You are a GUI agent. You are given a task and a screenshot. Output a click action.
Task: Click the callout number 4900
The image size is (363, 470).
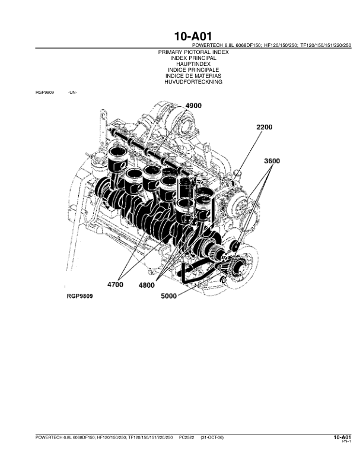click(193, 106)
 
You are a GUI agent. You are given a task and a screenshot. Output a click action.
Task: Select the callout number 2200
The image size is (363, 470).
click(265, 127)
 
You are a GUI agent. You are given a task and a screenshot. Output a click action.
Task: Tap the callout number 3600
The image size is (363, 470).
click(272, 161)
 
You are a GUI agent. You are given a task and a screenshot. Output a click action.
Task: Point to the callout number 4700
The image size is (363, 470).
click(115, 284)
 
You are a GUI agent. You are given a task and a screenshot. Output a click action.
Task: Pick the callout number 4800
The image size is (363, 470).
click(147, 285)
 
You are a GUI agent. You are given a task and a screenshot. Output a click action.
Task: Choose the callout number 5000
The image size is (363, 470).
click(169, 296)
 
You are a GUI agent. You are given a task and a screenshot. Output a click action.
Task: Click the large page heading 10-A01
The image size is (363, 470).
click(193, 36)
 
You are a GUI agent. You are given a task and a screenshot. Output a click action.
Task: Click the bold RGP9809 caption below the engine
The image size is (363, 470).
click(79, 296)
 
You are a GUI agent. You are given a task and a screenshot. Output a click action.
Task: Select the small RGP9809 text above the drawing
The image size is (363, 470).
click(44, 93)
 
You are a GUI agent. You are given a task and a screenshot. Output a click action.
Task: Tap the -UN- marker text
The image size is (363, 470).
click(72, 93)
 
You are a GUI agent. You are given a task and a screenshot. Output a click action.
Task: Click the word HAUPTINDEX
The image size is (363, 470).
click(193, 64)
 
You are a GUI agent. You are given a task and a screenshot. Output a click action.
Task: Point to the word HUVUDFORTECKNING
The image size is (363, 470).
click(193, 82)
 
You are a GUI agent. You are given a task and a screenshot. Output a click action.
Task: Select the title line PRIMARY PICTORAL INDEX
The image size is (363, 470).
click(193, 52)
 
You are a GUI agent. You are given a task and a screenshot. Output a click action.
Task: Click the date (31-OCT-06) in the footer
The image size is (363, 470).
click(212, 437)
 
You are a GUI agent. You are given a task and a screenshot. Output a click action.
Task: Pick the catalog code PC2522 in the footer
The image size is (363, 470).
click(187, 437)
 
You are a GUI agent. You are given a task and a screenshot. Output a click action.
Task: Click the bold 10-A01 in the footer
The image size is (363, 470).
click(342, 437)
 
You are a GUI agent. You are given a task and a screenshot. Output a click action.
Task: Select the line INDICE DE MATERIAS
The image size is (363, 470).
click(193, 76)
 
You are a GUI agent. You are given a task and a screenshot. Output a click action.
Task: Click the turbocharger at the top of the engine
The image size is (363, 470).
click(180, 119)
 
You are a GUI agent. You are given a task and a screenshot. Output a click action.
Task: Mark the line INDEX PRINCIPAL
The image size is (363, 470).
click(193, 58)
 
